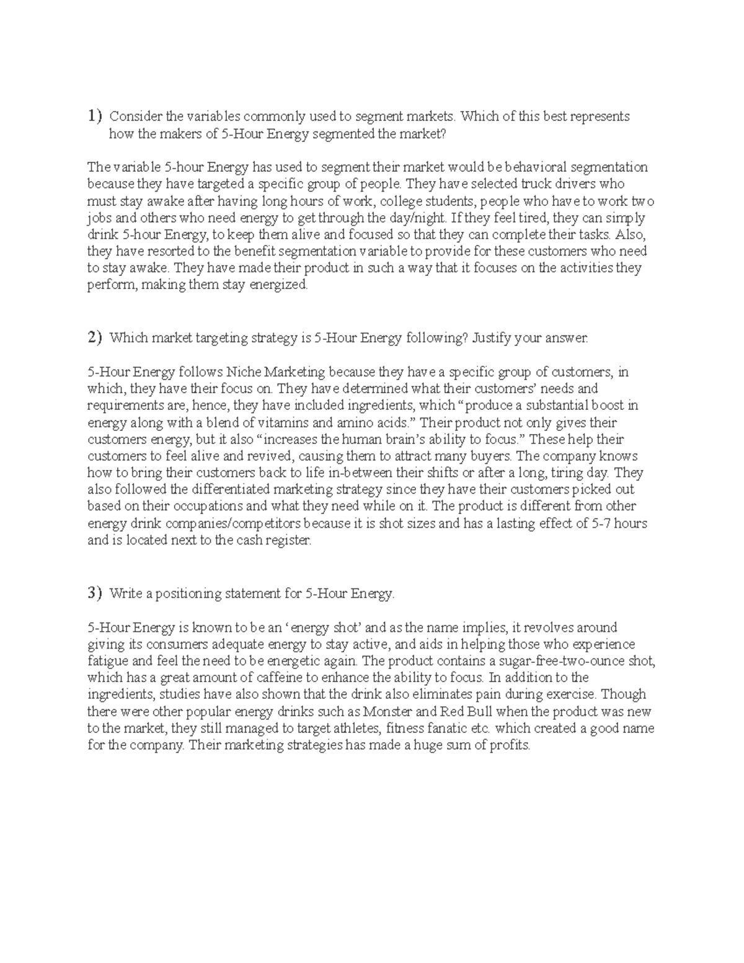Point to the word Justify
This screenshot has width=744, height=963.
click(x=494, y=339)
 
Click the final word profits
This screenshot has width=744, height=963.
click(x=508, y=745)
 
